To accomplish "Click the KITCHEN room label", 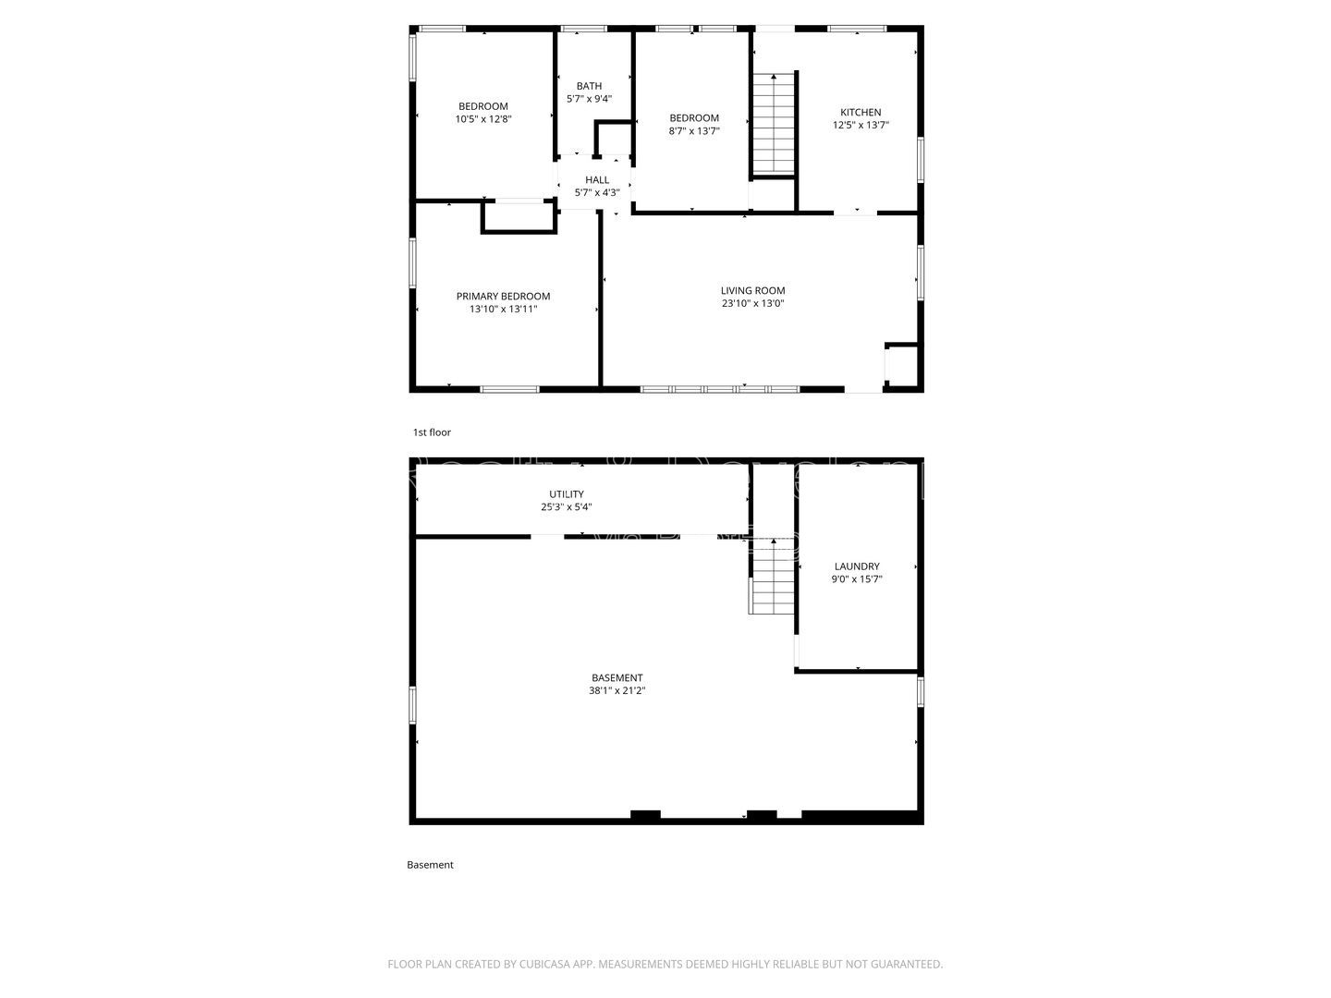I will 860,113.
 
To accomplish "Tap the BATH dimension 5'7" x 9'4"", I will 589,99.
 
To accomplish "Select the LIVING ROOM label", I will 752,290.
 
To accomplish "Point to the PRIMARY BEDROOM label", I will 503,297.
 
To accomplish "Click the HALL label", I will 597,180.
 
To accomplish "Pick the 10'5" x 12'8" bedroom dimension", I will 482,119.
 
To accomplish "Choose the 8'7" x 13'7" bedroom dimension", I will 693,131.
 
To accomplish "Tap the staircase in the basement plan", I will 772,578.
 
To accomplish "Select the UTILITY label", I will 566,494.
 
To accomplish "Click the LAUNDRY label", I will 857,566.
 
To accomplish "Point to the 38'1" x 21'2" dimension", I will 617,690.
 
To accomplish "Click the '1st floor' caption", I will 432,432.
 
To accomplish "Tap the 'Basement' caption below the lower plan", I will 430,865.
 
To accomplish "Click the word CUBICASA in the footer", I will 549,964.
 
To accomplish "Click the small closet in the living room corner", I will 902,365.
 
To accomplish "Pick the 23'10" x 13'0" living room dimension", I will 752,303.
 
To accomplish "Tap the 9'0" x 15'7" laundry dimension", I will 857,579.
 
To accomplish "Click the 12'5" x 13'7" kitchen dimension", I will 860,126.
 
